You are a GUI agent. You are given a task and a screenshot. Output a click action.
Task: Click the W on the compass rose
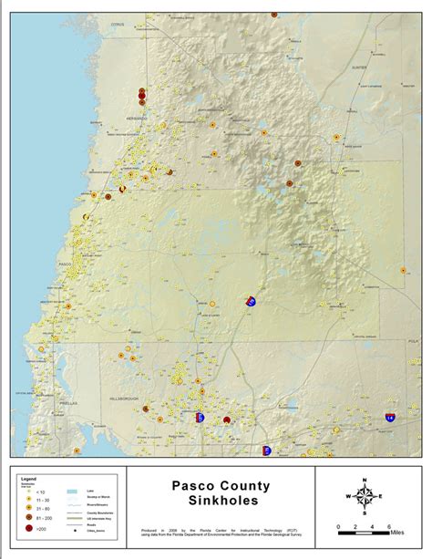tap(348, 496)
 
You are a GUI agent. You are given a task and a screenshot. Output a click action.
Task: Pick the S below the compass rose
tap(365, 514)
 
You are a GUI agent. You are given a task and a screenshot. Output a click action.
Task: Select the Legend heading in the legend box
tap(28, 477)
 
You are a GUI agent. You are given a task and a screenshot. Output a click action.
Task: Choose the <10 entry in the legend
tap(40, 491)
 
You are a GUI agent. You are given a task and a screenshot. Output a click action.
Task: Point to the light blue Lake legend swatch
tap(69, 491)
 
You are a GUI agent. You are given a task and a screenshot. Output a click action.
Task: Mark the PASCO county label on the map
tap(64, 264)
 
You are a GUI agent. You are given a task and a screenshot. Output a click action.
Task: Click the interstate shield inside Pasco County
tap(252, 300)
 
